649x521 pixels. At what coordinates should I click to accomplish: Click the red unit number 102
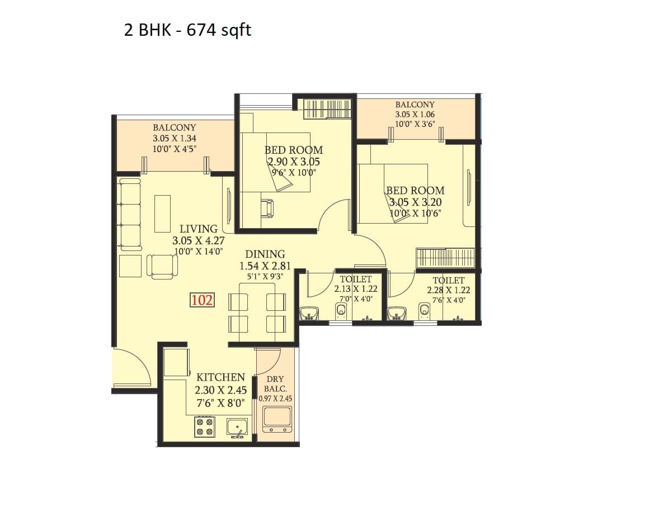(x=202, y=300)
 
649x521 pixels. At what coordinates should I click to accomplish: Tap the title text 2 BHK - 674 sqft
(x=187, y=30)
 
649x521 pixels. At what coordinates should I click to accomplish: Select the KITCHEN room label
(x=220, y=377)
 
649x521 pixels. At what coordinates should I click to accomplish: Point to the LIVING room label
(x=199, y=229)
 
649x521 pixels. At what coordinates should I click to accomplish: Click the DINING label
(x=265, y=254)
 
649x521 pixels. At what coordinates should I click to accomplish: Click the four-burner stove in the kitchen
(x=204, y=427)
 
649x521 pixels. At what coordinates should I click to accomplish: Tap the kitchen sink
(x=237, y=427)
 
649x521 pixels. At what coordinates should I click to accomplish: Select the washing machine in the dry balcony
(x=277, y=419)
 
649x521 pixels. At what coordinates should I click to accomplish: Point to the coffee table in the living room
(x=162, y=213)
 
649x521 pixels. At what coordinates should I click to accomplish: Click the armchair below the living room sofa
(x=162, y=266)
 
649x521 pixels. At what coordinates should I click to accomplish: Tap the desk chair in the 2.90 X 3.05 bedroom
(x=267, y=208)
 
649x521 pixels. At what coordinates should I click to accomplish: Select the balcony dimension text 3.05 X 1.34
(x=175, y=138)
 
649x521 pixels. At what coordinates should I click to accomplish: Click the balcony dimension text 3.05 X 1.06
(x=415, y=114)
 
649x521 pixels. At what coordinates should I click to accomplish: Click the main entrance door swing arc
(x=134, y=366)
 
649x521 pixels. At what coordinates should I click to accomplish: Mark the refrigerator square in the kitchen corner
(x=176, y=362)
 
